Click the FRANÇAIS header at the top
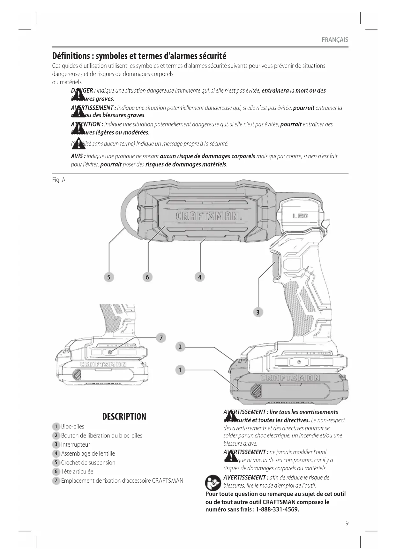[x=335, y=40]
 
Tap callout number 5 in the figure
[x=109, y=277]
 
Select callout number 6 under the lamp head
[x=147, y=277]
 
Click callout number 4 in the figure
[x=200, y=277]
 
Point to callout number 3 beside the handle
[x=258, y=312]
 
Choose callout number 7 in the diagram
[x=161, y=338]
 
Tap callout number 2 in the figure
[x=180, y=347]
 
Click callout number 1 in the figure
[x=180, y=370]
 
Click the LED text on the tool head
[x=300, y=216]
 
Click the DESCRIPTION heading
[x=124, y=417]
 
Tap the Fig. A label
[x=59, y=180]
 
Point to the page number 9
[x=347, y=523]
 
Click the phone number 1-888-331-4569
[x=277, y=510]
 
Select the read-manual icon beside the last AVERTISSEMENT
[x=213, y=483]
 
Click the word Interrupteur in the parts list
[x=76, y=444]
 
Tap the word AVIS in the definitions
[x=78, y=156]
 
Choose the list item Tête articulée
[x=77, y=472]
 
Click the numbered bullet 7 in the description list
[x=56, y=481]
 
